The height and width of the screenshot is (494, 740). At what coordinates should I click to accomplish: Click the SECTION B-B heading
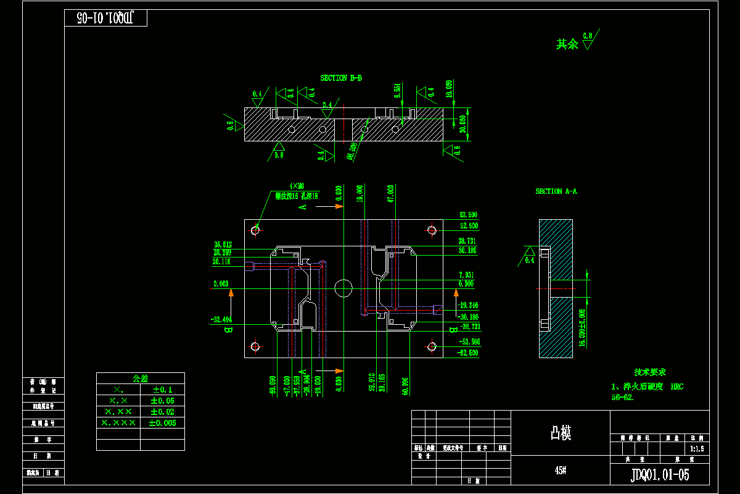(341, 78)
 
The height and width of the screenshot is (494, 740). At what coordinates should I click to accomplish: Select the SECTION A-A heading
(556, 191)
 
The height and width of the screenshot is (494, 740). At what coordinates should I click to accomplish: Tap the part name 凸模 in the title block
(561, 434)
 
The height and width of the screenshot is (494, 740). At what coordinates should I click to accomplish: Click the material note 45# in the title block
(561, 471)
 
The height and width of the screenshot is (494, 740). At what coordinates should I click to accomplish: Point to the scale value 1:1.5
(697, 449)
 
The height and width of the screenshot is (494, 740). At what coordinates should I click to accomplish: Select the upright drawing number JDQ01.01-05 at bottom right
(660, 474)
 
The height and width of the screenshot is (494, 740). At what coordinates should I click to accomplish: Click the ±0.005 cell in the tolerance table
(162, 423)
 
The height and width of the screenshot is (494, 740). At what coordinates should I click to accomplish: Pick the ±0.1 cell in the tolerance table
(162, 390)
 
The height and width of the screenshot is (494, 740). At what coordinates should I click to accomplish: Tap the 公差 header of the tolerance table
(141, 378)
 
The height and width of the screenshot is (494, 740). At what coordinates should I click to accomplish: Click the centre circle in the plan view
(343, 287)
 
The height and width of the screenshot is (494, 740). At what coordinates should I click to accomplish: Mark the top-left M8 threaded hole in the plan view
(256, 230)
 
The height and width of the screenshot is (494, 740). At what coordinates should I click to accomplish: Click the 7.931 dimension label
(467, 275)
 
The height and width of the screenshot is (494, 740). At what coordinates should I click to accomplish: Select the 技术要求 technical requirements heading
(650, 372)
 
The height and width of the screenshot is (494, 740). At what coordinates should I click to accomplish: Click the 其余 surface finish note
(567, 44)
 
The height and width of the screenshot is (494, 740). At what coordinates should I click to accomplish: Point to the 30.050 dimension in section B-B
(462, 124)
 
